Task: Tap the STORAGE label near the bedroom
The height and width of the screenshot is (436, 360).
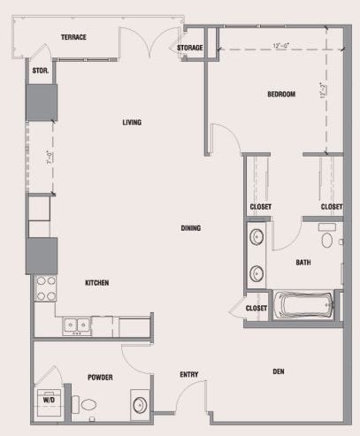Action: click(x=190, y=47)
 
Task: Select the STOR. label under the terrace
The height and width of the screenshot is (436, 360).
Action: click(x=40, y=70)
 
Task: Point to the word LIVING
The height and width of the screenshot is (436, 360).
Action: click(x=133, y=123)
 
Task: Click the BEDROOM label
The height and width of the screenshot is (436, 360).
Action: click(x=280, y=94)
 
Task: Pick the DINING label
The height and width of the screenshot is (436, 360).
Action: click(x=190, y=228)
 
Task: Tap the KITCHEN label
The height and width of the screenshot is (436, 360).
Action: click(x=96, y=283)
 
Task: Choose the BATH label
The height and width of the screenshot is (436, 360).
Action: click(x=303, y=262)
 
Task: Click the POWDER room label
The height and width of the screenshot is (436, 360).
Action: click(x=99, y=377)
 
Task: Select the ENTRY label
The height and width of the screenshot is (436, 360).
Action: click(x=188, y=375)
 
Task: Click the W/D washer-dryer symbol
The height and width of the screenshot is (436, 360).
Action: click(x=49, y=399)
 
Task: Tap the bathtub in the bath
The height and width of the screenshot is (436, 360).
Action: click(x=303, y=306)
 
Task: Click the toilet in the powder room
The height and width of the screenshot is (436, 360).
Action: click(x=88, y=403)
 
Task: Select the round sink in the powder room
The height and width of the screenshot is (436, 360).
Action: click(x=141, y=405)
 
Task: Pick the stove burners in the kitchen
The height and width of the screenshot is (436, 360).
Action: click(x=45, y=287)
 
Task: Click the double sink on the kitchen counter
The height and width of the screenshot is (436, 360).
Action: click(x=78, y=325)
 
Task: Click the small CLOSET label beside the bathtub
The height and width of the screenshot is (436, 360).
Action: click(x=257, y=308)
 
